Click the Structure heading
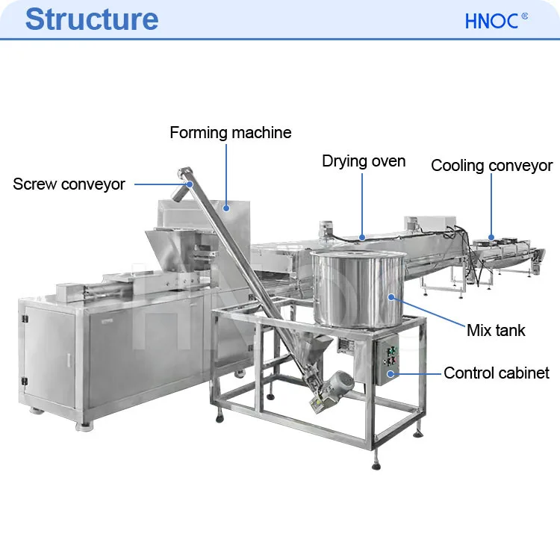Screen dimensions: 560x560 (92, 19)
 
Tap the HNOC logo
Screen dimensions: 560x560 (491, 21)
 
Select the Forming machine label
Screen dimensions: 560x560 (231, 133)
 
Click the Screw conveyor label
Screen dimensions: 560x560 (69, 184)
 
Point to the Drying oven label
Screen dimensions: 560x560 (364, 161)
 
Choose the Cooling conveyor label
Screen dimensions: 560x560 (491, 166)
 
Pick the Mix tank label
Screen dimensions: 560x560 (496, 330)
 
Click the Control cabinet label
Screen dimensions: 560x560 (497, 373)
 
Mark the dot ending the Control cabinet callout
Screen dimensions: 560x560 (396, 372)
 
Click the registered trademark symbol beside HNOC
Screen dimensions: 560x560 (525, 15)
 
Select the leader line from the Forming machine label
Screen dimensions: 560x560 (226, 172)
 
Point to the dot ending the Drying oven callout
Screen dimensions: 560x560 (363, 237)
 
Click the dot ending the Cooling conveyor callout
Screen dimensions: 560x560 (492, 237)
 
